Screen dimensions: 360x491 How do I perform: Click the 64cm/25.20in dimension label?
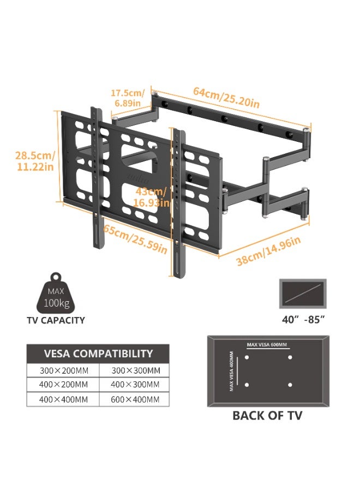pyautogui.click(x=226, y=97)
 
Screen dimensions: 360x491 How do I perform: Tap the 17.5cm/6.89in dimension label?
pyautogui.click(x=128, y=98)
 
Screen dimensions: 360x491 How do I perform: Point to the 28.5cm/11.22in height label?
pyautogui.click(x=35, y=161)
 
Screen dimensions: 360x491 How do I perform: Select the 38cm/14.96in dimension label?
pyautogui.click(x=268, y=250)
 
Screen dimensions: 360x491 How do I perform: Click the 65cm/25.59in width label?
pyautogui.click(x=135, y=238)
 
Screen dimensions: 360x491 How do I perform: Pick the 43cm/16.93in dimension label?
pyautogui.click(x=152, y=197)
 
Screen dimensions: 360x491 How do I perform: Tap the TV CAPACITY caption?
pyautogui.click(x=56, y=320)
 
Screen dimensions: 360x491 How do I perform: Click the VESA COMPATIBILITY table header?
pyautogui.click(x=98, y=354)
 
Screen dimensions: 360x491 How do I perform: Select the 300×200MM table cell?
pyautogui.click(x=64, y=371)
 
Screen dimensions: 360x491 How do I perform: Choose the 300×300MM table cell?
pyautogui.click(x=136, y=371)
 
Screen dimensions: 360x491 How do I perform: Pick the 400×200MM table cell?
pyautogui.click(x=64, y=385)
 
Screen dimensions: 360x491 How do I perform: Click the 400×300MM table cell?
pyautogui.click(x=135, y=385)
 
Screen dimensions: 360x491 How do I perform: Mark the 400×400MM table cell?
pyautogui.click(x=64, y=399)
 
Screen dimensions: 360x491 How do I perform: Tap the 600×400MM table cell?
pyautogui.click(x=135, y=399)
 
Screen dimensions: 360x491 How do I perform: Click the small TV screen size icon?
pyautogui.click(x=303, y=294)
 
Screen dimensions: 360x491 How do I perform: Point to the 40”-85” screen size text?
pyautogui.click(x=303, y=320)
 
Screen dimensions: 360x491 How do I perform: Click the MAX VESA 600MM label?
pyautogui.click(x=267, y=345)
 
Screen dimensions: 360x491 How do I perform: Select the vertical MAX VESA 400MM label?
pyautogui.click(x=232, y=372)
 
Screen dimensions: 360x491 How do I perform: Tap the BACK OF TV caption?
pyautogui.click(x=267, y=416)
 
